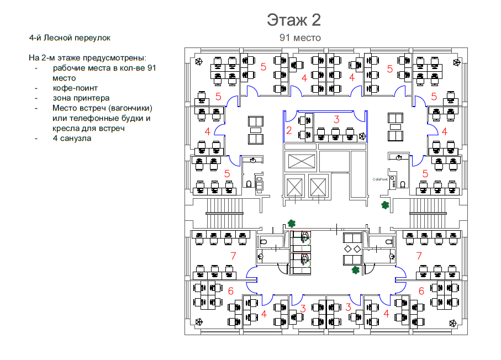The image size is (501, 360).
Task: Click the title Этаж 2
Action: pyautogui.click(x=294, y=20)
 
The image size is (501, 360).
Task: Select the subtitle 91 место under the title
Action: pyautogui.click(x=300, y=38)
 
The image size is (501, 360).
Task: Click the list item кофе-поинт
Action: pyautogui.click(x=75, y=88)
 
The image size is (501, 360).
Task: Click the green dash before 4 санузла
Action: pyautogui.click(x=36, y=138)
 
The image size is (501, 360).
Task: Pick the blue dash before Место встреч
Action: pyautogui.click(x=36, y=108)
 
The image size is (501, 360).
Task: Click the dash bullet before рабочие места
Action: pyautogui.click(x=36, y=68)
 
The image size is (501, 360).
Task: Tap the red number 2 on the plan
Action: pyautogui.click(x=288, y=131)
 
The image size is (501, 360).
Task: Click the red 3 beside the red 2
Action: pyautogui.click(x=336, y=119)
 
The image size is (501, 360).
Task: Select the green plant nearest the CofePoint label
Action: pyautogui.click(x=384, y=205)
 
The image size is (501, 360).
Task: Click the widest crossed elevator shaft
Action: pyautogui.click(x=301, y=161)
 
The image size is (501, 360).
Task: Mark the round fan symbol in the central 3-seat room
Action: pyautogui.click(x=362, y=136)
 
